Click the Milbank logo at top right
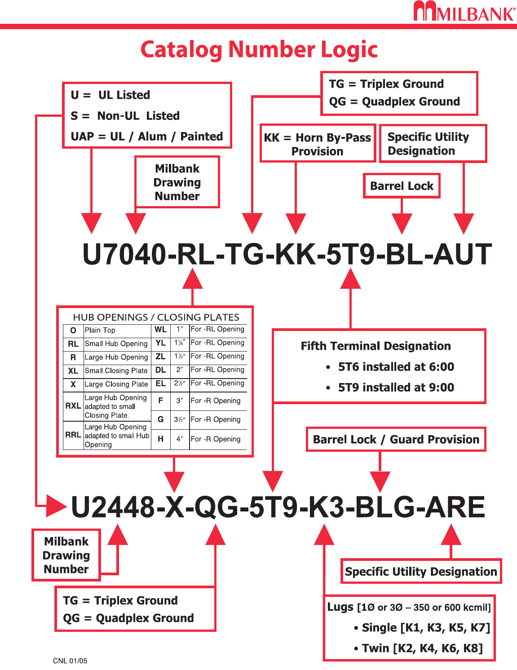click(464, 12)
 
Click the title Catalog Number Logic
click(259, 49)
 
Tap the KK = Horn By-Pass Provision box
click(318, 144)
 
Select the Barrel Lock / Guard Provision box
click(396, 439)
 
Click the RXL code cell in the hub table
click(73, 406)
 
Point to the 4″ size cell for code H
click(180, 439)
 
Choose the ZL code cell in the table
click(160, 357)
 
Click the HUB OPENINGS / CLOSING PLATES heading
click(156, 317)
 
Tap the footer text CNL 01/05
click(70, 661)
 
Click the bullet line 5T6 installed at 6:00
click(396, 367)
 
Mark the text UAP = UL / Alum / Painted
click(147, 137)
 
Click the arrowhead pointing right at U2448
click(57, 506)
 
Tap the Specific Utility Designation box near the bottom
click(421, 572)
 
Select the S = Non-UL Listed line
click(125, 116)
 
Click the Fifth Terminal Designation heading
click(376, 346)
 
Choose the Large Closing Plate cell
click(116, 384)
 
